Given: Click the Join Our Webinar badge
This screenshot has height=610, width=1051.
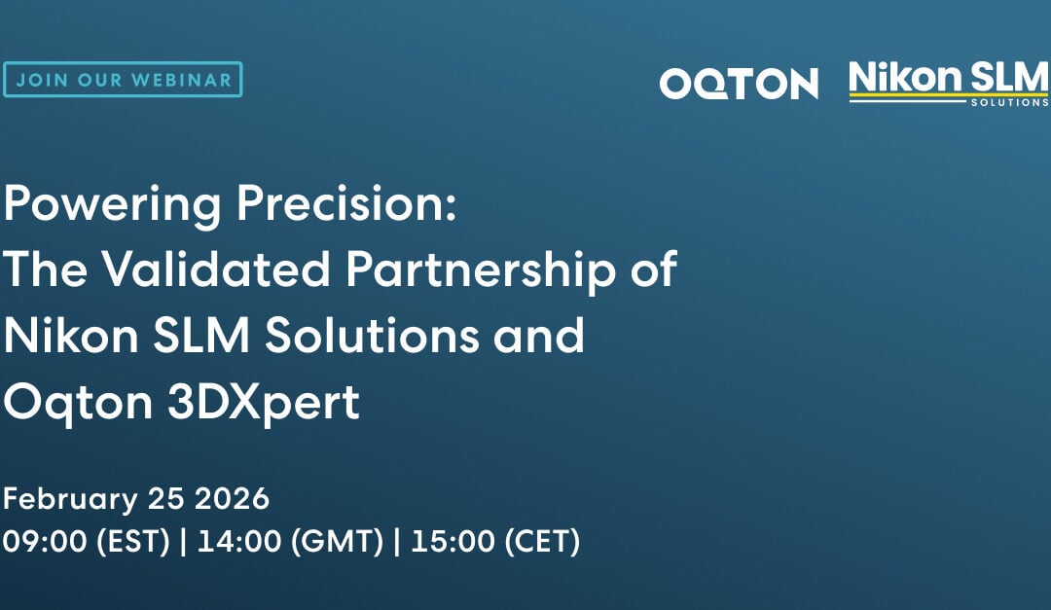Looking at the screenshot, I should point(122,80).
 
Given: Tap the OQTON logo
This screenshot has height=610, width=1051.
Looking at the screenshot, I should point(739,84).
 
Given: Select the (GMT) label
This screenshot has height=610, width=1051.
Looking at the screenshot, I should point(334,542).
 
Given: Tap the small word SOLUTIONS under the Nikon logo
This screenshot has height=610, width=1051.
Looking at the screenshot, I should point(1009,102).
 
